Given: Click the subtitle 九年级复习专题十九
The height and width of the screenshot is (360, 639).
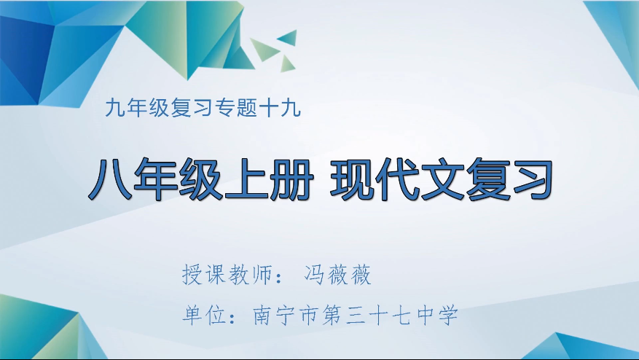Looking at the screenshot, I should (x=202, y=109).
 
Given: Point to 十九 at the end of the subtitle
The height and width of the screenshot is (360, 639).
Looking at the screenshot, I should (x=284, y=109).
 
